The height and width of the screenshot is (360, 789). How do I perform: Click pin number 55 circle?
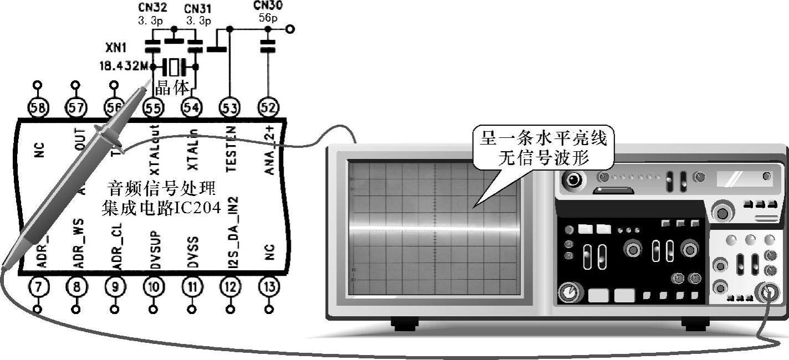pyautogui.click(x=153, y=107)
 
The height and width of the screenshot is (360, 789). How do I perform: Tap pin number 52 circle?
pyautogui.click(x=268, y=107)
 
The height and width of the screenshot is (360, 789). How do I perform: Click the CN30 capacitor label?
pyautogui.click(x=267, y=6)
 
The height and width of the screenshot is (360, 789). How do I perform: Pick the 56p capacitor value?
pyautogui.click(x=268, y=18)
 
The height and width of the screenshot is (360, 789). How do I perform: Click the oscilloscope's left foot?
pyautogui.click(x=404, y=323)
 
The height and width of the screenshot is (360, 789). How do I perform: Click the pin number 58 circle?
pyautogui.click(x=37, y=107)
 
